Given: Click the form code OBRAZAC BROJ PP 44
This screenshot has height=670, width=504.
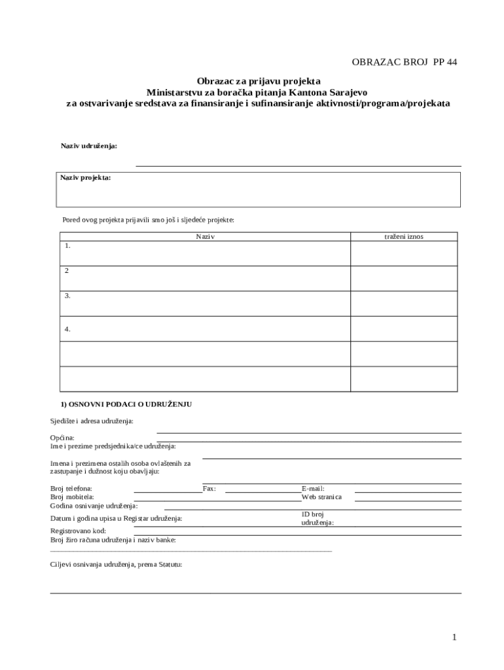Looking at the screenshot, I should tap(404, 62).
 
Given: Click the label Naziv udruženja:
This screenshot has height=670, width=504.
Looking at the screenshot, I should tap(89, 145).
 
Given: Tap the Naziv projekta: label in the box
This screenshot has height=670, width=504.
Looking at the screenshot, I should tap(86, 177).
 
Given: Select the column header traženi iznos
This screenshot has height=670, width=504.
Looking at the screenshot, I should tap(403, 236).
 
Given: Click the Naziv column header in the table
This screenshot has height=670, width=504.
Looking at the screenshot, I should tap(206, 236).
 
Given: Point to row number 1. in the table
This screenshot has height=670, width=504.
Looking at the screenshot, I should tap(67, 246).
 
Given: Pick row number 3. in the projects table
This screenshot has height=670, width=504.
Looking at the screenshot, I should tap(67, 296).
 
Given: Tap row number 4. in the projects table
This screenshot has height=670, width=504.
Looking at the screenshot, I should tap(67, 329).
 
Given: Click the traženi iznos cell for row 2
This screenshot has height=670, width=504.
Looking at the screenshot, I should tap(403, 278).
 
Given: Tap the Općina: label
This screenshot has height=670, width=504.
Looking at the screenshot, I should tap(62, 437).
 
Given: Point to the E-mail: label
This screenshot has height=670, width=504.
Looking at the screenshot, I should tap(313, 488).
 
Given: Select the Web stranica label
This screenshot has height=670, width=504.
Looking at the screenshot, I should tap(321, 497).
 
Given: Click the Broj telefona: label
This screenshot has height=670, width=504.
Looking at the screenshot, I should tap(71, 488).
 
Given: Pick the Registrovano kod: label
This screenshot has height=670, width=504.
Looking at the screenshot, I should tap(78, 531).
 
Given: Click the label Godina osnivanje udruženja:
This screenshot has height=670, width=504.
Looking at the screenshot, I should tap(94, 506).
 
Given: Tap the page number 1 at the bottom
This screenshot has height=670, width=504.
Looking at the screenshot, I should tap(454, 637).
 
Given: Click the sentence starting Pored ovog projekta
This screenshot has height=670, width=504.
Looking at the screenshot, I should tap(148, 220).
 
